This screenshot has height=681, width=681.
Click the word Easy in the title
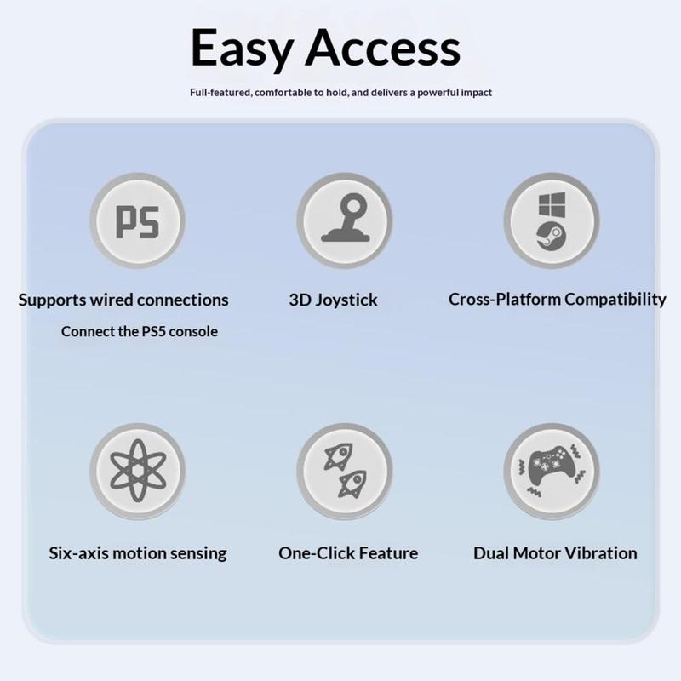coord(243,49)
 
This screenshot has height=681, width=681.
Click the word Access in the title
coord(382,48)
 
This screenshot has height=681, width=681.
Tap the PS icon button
coord(137,220)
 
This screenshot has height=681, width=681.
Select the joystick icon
coord(345,219)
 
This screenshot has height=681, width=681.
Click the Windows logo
coord(552,204)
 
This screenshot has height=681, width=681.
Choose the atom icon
coord(138,471)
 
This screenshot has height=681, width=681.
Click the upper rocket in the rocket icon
coord(339,456)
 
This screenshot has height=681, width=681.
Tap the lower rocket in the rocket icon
coord(352,484)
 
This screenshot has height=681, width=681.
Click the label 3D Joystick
coord(333,300)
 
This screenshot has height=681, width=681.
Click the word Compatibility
coord(615,300)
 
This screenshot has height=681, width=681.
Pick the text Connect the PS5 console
coord(140,331)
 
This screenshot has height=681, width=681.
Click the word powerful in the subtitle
coord(438,93)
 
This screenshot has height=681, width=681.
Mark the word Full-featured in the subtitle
coord(220,93)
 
